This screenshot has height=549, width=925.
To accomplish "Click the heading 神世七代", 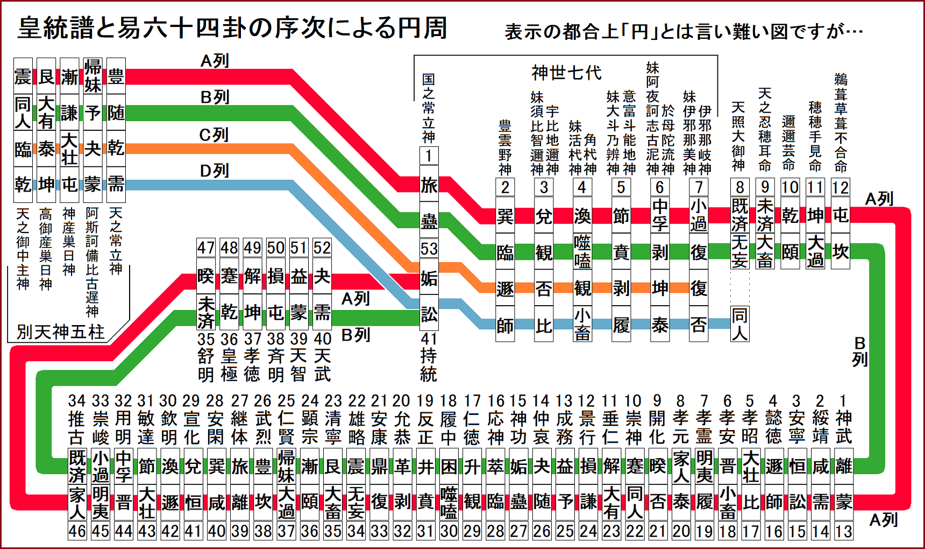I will click(x=566, y=72).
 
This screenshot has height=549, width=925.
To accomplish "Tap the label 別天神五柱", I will click(x=60, y=332).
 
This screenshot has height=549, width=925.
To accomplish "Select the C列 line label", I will click(x=214, y=135).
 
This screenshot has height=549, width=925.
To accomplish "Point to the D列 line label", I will click(x=214, y=171).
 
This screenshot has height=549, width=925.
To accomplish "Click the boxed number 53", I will click(x=429, y=249).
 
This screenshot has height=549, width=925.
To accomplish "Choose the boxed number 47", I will click(x=206, y=248).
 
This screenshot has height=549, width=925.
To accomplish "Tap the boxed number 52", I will click(x=322, y=248).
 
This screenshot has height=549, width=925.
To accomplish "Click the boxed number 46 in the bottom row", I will click(x=77, y=531).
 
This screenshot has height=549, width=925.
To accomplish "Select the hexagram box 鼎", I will click(x=379, y=466).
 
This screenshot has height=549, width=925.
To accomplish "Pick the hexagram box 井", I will click(x=425, y=466).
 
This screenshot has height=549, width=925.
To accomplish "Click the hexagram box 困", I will click(x=449, y=466).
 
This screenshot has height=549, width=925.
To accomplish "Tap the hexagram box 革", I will click(x=402, y=466).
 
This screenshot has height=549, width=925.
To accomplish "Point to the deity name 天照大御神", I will click(x=739, y=137).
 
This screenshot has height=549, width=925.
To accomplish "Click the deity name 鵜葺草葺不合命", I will click(x=841, y=123).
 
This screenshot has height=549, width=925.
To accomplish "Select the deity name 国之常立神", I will click(x=429, y=108).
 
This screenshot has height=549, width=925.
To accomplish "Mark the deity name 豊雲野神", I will click(x=505, y=147).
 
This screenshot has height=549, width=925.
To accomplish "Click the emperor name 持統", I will click(x=429, y=365).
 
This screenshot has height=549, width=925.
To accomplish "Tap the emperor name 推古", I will click(x=77, y=427).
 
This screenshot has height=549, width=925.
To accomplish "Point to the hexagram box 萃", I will click(x=495, y=466).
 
